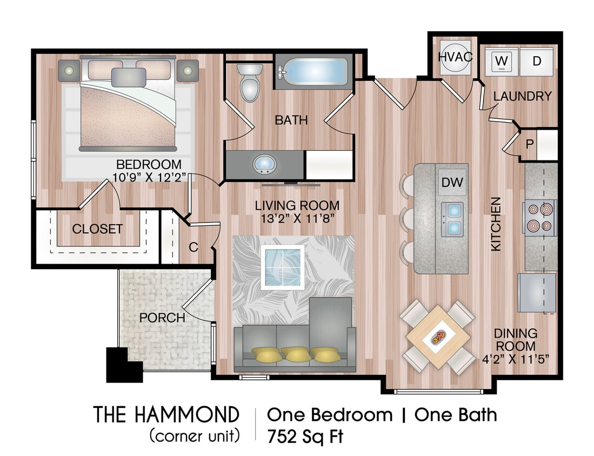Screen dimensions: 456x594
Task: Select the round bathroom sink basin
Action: (264, 163)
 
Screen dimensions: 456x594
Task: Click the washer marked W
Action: (500, 62)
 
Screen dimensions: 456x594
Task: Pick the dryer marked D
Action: (536, 62)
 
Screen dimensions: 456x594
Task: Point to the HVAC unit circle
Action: (456, 57)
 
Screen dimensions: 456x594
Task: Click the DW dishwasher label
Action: (452, 183)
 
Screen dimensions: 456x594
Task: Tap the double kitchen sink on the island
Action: (452, 219)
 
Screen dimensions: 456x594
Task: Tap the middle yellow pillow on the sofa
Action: (295, 354)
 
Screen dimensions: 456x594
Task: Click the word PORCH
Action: (162, 318)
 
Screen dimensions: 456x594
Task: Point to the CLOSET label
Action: (97, 229)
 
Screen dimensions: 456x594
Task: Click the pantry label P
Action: (529, 144)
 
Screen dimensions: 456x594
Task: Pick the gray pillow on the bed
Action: (129, 77)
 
